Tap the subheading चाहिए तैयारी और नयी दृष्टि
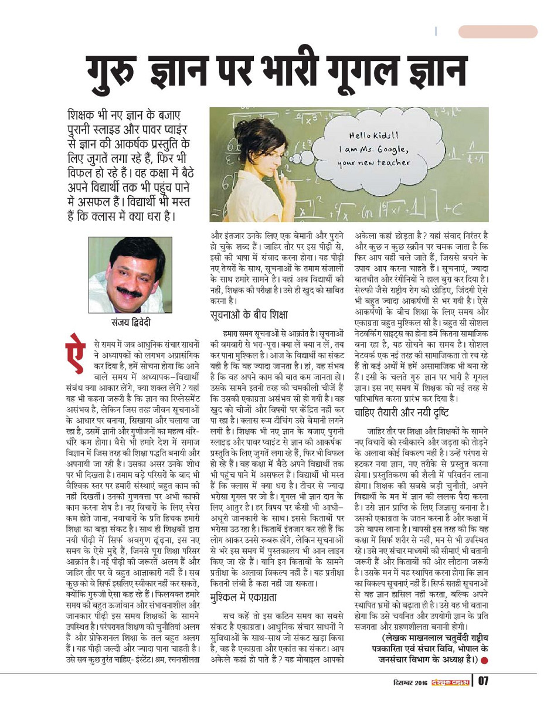point(402,413)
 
